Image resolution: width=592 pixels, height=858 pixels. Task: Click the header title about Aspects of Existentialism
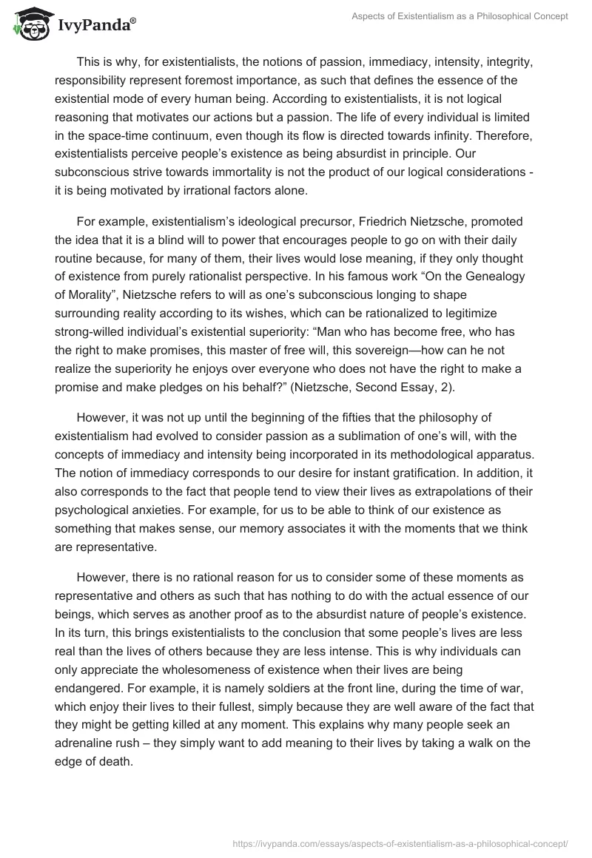(x=459, y=16)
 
